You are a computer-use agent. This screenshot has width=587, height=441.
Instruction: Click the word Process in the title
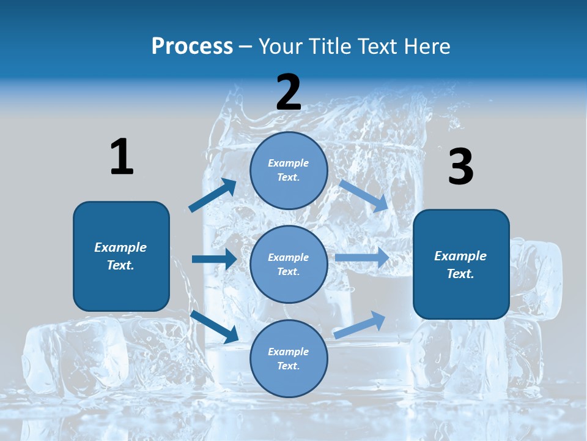coord(192,47)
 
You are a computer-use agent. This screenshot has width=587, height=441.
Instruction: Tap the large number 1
coord(122,157)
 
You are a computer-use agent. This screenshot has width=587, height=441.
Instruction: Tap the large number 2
coord(289,92)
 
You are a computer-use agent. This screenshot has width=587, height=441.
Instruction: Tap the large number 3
coord(460,167)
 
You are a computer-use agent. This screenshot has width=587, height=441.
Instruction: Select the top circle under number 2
coord(289,170)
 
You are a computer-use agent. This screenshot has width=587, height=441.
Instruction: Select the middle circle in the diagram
coord(289,264)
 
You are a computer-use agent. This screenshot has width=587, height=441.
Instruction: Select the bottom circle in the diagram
coord(289,358)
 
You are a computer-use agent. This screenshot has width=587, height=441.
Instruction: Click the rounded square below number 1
coord(121,256)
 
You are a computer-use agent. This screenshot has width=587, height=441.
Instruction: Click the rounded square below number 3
coord(461,265)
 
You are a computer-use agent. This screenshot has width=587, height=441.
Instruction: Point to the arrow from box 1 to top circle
coord(213,195)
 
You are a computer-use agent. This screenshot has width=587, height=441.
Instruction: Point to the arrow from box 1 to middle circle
coord(214,259)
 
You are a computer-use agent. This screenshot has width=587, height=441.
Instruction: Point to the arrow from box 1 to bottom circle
coord(215,326)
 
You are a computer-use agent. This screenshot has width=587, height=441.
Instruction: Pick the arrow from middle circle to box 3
coord(362,257)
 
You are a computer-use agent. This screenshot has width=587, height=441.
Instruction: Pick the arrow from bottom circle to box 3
coord(360,325)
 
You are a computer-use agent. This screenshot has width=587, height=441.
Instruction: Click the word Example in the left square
coord(120,247)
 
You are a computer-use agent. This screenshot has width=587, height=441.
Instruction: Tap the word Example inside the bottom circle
coord(288,352)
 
